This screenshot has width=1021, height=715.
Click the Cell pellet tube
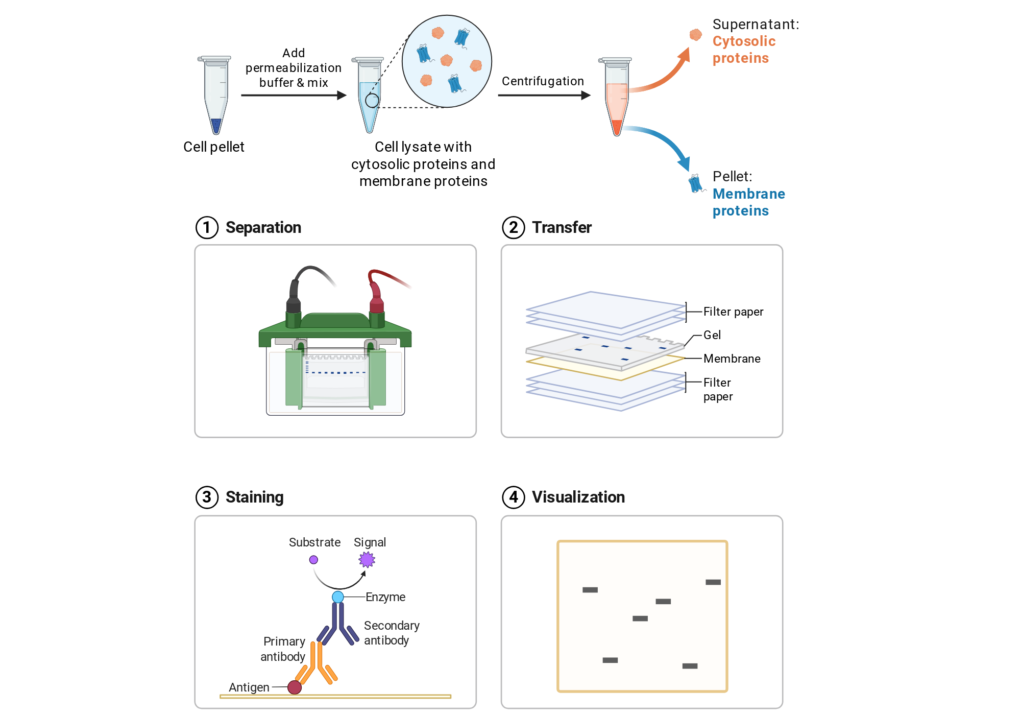215,95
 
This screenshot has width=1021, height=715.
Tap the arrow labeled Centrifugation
544,95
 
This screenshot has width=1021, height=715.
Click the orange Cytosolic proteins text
744,50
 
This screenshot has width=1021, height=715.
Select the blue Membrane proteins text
748,202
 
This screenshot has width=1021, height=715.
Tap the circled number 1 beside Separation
207,227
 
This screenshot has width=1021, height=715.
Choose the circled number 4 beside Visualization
513,497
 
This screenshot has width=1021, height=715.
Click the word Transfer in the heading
562,227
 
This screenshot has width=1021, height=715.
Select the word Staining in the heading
254,497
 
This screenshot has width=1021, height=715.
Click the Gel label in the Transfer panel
712,335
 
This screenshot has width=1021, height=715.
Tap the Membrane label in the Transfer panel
732,359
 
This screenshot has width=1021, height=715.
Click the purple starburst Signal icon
367,560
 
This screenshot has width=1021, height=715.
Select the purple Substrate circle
313,560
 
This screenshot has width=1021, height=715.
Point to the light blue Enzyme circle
338,597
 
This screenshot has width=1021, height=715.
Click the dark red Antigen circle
295,687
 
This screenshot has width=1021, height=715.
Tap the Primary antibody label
283,649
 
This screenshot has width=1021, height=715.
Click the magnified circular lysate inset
447,61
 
